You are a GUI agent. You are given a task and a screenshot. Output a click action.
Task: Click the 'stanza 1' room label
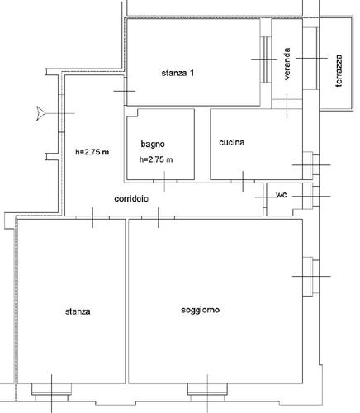pyautogui.click(x=178, y=73)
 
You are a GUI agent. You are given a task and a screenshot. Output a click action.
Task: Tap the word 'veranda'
pyautogui.click(x=287, y=64)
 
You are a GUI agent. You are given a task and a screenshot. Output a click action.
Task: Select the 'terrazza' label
pyautogui.click(x=339, y=71)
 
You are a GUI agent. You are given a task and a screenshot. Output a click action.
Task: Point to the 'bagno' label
pyautogui.click(x=153, y=145)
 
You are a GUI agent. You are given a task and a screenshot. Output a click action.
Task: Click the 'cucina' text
pyautogui.click(x=232, y=142)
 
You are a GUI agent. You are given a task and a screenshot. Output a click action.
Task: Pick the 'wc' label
pyautogui.click(x=282, y=195)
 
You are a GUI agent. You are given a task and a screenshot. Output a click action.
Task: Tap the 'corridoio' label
pyautogui.click(x=131, y=198)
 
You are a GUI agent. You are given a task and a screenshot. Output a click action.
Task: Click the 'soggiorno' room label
pyautogui.click(x=201, y=310)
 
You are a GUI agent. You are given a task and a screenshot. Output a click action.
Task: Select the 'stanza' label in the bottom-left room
pyautogui.click(x=78, y=311)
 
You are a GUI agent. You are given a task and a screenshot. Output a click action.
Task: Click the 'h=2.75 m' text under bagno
pyautogui.click(x=156, y=159)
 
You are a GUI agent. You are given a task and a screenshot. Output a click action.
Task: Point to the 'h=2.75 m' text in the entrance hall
pyautogui.click(x=92, y=152)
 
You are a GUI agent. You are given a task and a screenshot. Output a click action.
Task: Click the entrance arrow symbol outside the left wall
pyautogui.click(x=40, y=113)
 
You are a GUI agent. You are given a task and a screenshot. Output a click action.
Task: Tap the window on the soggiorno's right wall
pyautogui.click(x=311, y=277)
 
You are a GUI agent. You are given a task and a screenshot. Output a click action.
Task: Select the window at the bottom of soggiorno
pyautogui.click(x=208, y=390)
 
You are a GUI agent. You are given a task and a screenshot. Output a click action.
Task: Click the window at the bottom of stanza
pyautogui.click(x=51, y=390)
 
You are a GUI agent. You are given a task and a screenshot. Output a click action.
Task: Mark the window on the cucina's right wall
pyautogui.click(x=311, y=165)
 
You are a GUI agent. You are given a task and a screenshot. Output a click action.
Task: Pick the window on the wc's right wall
pyautogui.click(x=311, y=197)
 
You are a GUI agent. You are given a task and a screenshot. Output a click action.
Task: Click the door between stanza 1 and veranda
pyautogui.click(x=266, y=59)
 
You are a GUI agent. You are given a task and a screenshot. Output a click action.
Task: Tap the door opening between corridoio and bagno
pyautogui.click(x=164, y=181)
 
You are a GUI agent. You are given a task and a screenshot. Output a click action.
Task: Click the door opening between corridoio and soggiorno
pyautogui.click(x=159, y=217)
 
